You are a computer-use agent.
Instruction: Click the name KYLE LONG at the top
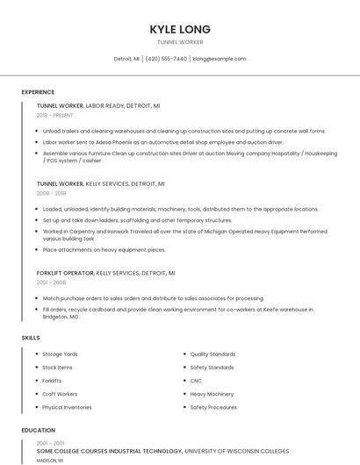(x=179, y=29)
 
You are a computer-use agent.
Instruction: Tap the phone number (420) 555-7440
(x=166, y=59)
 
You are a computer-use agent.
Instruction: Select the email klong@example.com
(x=220, y=59)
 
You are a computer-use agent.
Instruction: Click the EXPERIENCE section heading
(x=38, y=92)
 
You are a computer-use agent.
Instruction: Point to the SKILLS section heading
(x=31, y=337)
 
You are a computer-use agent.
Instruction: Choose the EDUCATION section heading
(x=38, y=431)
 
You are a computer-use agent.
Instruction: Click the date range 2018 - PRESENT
(x=55, y=115)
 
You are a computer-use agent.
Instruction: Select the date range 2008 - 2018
(x=51, y=193)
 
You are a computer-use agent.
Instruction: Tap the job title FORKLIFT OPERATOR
(x=65, y=273)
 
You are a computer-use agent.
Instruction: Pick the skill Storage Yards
(x=60, y=354)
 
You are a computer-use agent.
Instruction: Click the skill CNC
(x=196, y=381)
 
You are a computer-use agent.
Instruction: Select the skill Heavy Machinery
(x=212, y=394)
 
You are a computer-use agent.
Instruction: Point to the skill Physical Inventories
(x=67, y=407)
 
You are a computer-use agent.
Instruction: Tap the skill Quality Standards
(x=212, y=354)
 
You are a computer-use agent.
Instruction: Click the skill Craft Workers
(x=60, y=394)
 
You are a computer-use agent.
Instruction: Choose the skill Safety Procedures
(x=213, y=407)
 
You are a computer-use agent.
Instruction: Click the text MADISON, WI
(x=49, y=460)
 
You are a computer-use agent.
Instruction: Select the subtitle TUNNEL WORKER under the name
(x=179, y=42)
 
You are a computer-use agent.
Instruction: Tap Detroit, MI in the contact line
(x=126, y=59)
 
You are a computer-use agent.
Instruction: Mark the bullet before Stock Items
(x=34, y=368)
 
